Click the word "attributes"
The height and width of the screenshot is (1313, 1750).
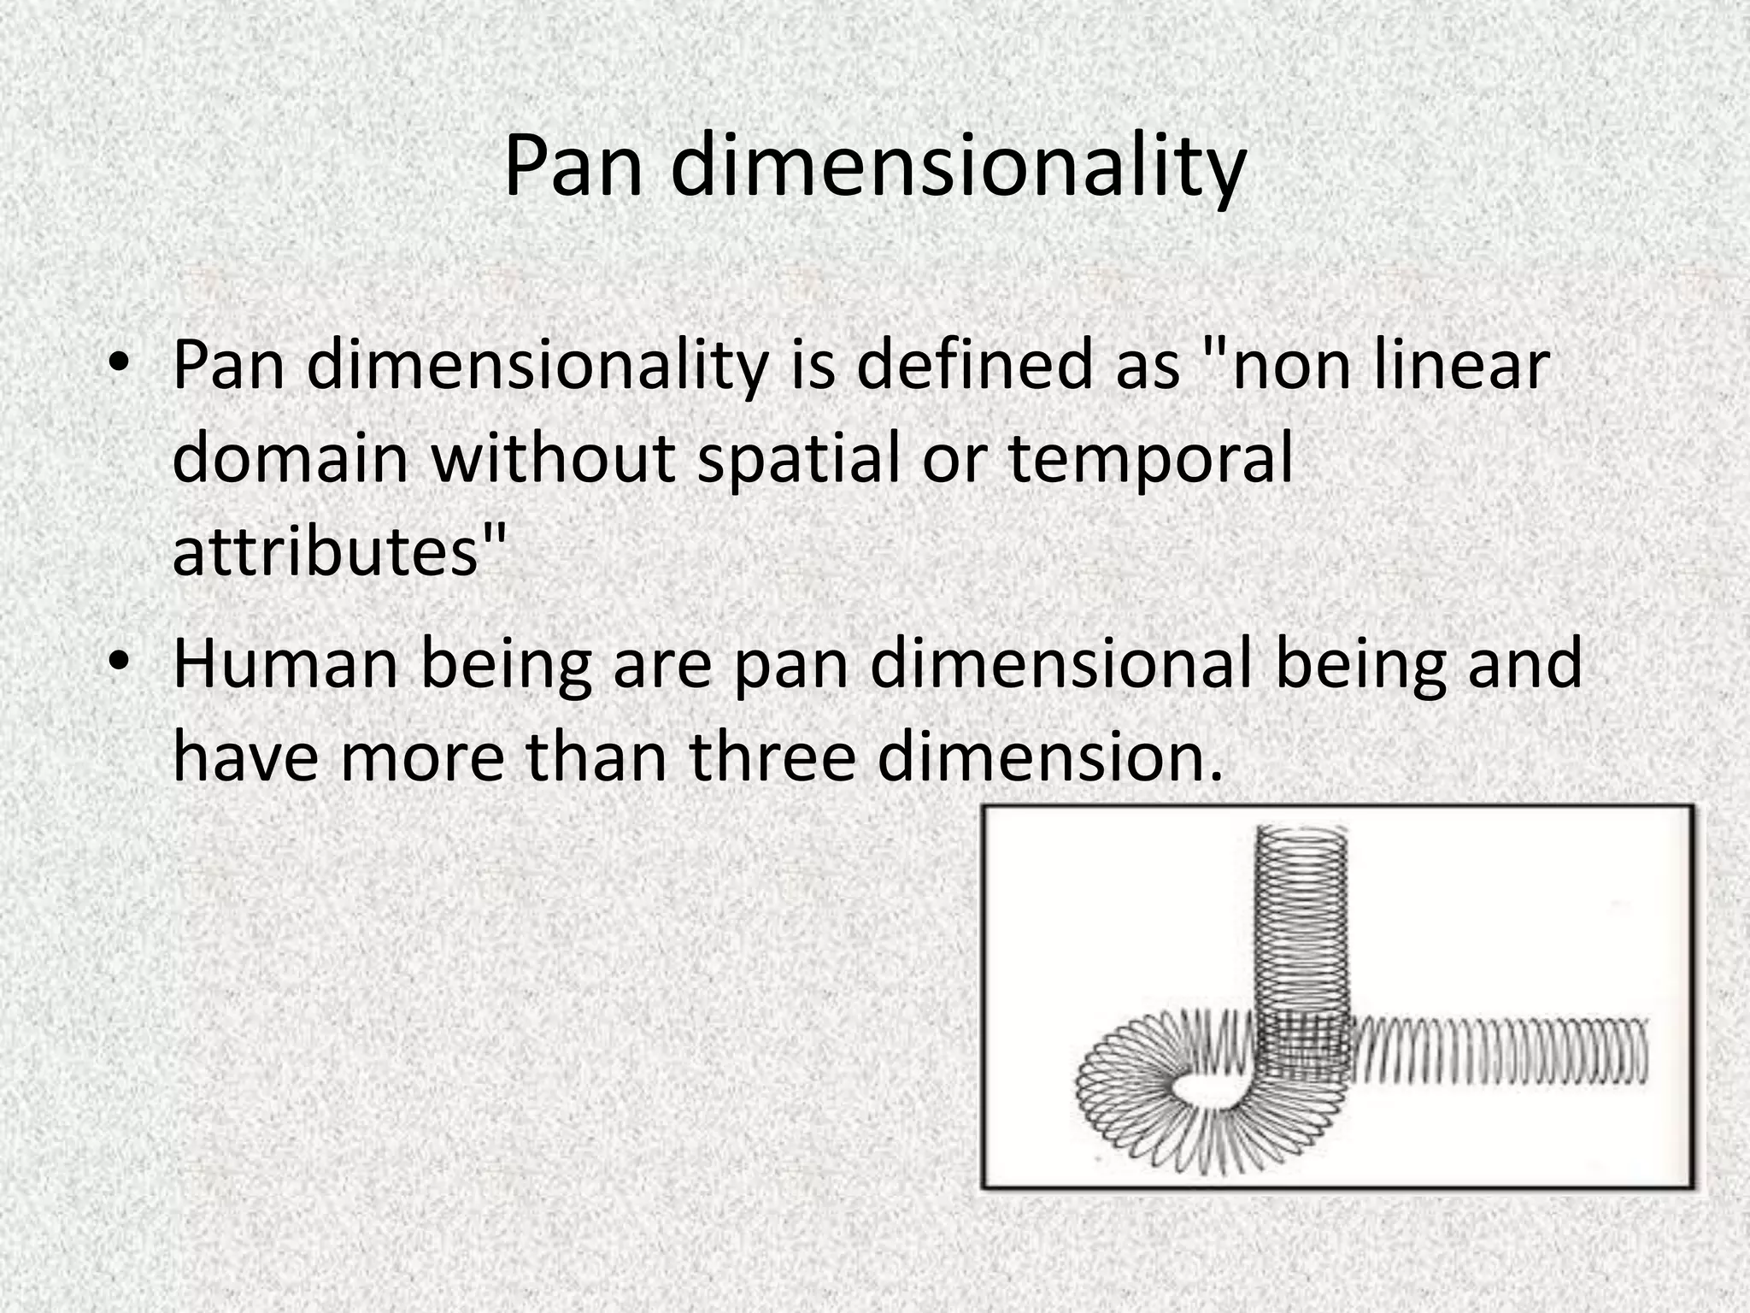[x=325, y=551]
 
